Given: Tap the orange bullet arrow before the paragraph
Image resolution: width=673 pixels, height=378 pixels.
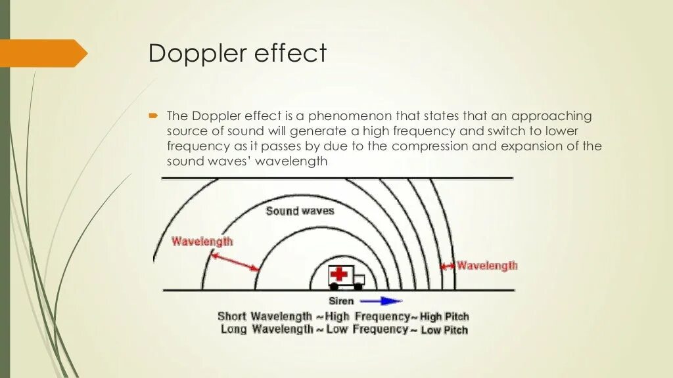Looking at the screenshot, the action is click(x=153, y=115).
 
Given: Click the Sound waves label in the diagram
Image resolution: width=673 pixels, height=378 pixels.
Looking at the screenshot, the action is click(x=300, y=211).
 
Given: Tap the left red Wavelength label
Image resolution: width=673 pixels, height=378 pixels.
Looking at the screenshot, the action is click(x=202, y=241).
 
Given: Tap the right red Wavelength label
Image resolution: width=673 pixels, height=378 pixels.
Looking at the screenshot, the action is click(x=487, y=266).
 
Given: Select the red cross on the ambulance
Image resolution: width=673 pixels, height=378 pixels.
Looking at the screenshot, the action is click(x=340, y=274).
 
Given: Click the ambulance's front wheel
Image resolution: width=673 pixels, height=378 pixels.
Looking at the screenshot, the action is click(x=358, y=286).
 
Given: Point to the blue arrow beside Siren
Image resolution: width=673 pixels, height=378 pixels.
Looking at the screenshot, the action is click(x=381, y=301).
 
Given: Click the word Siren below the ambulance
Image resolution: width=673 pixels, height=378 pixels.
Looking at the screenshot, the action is click(x=340, y=301).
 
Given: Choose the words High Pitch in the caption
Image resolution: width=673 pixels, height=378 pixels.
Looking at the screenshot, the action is click(x=444, y=317).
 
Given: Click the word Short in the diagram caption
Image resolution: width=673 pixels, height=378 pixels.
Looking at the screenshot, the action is click(x=232, y=316).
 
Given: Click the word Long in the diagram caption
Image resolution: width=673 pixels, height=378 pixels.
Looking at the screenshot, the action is click(x=234, y=329).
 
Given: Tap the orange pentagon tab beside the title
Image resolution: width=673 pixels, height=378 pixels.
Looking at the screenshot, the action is click(x=43, y=52).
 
